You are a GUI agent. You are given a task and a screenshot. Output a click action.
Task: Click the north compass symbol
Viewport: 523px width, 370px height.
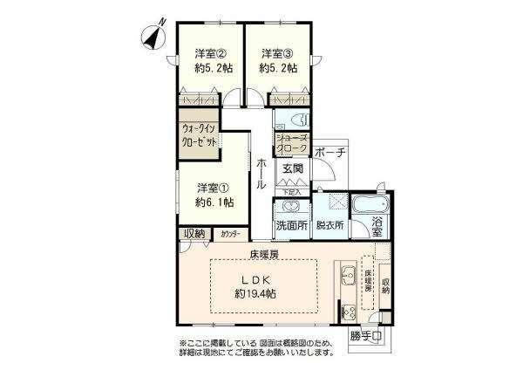point(153,38)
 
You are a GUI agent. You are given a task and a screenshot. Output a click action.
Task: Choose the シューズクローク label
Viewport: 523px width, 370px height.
point(291,143)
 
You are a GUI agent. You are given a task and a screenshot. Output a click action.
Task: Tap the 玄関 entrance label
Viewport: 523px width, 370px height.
point(291,169)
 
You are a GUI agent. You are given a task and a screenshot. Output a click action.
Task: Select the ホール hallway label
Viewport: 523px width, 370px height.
point(261,173)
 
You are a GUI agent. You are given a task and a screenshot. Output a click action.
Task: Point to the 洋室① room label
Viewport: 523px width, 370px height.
point(213,187)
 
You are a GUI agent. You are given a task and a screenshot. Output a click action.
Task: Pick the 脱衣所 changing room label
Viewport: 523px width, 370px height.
point(329,225)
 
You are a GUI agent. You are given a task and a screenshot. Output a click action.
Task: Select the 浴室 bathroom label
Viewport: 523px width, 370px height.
point(377,225)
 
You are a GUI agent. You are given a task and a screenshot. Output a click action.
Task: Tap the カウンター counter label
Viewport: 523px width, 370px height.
point(232,234)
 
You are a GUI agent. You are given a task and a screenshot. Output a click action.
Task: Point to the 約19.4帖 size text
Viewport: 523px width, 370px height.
point(256,295)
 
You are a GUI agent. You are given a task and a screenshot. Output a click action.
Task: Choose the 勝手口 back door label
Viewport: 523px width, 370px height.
point(367,337)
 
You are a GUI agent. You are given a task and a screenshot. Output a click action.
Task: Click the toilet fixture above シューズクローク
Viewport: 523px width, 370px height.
point(291,120)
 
